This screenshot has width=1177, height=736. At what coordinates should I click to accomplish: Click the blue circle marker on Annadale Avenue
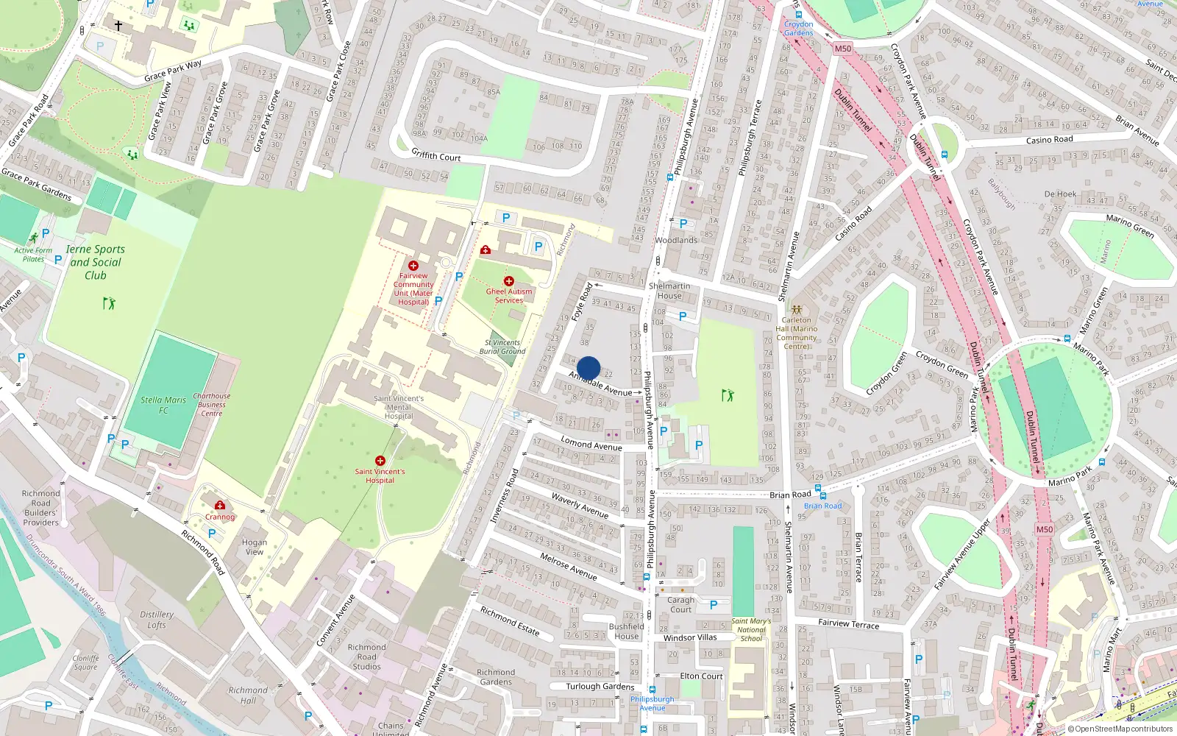588,368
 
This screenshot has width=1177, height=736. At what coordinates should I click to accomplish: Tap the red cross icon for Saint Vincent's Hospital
380,461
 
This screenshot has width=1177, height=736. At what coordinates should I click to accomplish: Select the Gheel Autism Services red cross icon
508,281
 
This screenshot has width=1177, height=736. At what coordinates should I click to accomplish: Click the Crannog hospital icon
219,505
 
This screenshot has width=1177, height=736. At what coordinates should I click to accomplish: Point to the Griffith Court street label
435,155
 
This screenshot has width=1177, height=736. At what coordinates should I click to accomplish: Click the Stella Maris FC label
163,405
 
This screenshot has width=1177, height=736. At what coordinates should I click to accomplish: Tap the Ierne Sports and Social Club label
96,262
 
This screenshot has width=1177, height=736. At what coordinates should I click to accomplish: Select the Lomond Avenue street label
591,443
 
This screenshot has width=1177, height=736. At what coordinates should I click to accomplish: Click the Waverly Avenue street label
580,506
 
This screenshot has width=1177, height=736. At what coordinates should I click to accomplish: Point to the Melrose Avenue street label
568,565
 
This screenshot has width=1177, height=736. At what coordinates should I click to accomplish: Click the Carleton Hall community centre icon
796,310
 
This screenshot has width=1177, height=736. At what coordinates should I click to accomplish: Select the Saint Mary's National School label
751,629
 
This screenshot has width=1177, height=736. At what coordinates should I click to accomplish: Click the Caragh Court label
680,604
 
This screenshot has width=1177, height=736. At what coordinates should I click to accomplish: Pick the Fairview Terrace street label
848,623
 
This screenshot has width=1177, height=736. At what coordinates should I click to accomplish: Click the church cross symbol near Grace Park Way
118,25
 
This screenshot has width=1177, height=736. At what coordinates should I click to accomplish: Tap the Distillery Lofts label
157,620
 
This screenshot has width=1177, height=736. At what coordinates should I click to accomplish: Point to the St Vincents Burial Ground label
502,347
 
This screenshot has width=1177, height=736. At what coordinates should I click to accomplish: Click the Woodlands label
676,240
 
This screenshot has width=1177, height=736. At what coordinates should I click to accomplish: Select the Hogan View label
255,547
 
